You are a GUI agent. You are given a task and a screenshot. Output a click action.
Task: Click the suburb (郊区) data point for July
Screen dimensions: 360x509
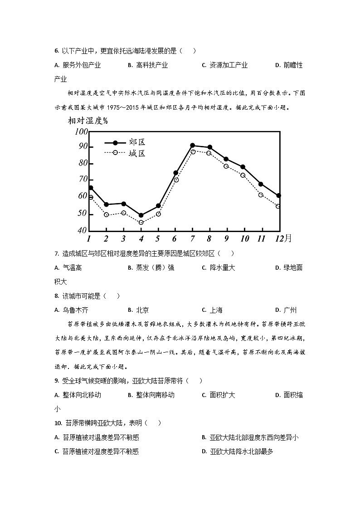click(x=192, y=145)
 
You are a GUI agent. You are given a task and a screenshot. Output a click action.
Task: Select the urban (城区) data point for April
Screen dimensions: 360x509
click(x=141, y=223)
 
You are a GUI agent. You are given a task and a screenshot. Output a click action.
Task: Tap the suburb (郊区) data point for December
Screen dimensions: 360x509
click(x=278, y=195)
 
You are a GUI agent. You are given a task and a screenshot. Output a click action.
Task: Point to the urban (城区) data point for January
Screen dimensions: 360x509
click(x=91, y=197)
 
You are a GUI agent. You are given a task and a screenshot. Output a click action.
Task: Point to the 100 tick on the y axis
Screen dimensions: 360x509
click(x=81, y=132)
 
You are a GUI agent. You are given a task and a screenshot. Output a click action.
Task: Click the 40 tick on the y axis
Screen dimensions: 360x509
click(x=82, y=230)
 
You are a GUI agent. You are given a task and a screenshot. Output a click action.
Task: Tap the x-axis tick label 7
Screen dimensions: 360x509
click(x=192, y=239)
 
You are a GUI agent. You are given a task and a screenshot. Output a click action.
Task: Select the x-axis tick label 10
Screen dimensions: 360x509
click(x=244, y=239)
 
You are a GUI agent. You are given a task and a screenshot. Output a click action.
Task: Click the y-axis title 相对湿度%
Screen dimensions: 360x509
click(x=88, y=121)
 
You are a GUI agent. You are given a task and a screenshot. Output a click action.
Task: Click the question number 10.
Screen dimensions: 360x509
click(x=58, y=423)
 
